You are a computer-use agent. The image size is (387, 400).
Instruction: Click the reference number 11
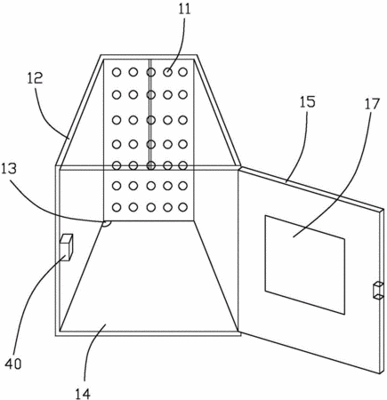[x=184, y=10]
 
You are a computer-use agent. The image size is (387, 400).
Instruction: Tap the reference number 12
[x=35, y=77]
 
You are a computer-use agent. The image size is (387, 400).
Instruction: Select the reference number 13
[x=9, y=168]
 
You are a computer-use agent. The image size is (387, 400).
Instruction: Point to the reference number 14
[x=82, y=394]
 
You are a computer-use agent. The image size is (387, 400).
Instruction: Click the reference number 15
[x=307, y=101]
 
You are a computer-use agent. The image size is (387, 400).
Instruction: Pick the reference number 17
[x=372, y=104]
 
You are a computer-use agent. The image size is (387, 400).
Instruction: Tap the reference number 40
[x=13, y=364]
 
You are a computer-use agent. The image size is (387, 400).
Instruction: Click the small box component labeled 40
[x=67, y=247]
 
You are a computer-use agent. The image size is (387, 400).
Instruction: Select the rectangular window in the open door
[x=305, y=265]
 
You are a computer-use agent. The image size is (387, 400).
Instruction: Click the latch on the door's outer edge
[x=378, y=291]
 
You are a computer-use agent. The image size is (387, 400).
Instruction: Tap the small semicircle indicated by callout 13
[x=106, y=223]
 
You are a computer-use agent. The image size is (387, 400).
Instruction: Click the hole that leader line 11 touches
[x=168, y=72]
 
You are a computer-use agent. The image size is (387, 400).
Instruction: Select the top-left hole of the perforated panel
[x=117, y=72]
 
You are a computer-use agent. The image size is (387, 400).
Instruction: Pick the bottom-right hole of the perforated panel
[x=183, y=207]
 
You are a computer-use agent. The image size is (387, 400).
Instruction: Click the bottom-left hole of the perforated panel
[x=117, y=207]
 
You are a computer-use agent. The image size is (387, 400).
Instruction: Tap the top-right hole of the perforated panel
[x=183, y=72]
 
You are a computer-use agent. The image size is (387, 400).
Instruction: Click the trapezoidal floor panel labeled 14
[x=149, y=276]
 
